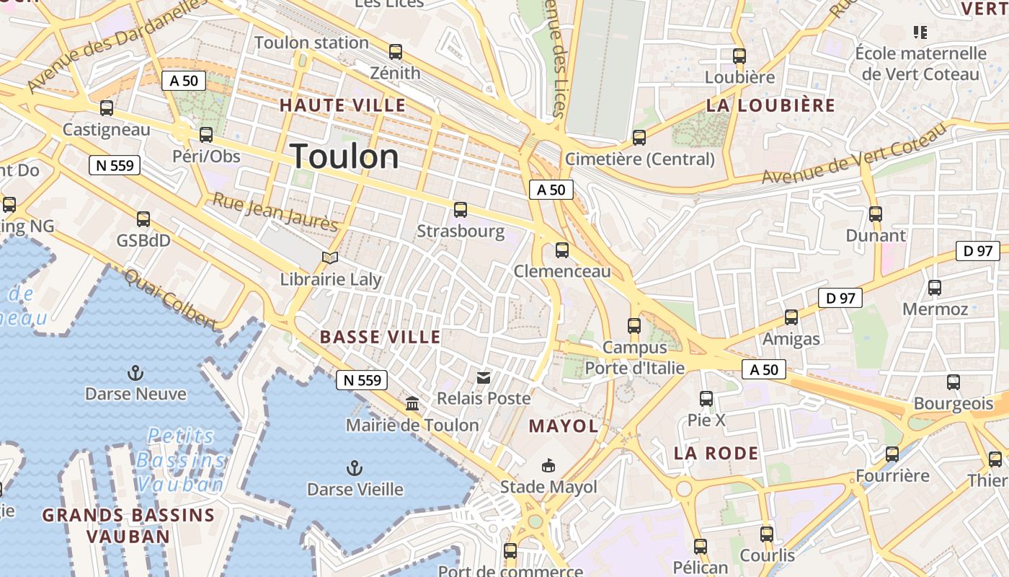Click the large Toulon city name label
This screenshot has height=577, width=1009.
pyautogui.click(x=345, y=157)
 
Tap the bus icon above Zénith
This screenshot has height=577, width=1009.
pyautogui.click(x=395, y=52)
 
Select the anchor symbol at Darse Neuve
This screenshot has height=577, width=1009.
pyautogui.click(x=135, y=373)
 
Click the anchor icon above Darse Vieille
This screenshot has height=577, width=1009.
pyautogui.click(x=354, y=468)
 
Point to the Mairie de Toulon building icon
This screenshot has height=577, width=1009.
pyautogui.click(x=412, y=403)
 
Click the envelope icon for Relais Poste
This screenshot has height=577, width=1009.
pyautogui.click(x=483, y=377)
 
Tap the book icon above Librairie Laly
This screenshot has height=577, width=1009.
pyautogui.click(x=330, y=257)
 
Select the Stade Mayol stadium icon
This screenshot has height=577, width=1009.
pyautogui.click(x=548, y=466)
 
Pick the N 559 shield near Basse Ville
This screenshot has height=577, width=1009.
pyautogui.click(x=362, y=380)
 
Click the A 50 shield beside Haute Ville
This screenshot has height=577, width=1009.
pyautogui.click(x=184, y=81)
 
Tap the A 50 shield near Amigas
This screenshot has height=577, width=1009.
pyautogui.click(x=764, y=369)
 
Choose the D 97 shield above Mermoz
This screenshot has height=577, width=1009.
pyautogui.click(x=977, y=251)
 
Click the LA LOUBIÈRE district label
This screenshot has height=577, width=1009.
pyautogui.click(x=770, y=105)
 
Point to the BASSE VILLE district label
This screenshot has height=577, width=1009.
pyautogui.click(x=380, y=337)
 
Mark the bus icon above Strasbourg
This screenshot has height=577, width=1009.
pyautogui.click(x=460, y=210)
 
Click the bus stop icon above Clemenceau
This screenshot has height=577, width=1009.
pyautogui.click(x=561, y=250)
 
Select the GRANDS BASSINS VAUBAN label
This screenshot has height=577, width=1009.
pyautogui.click(x=128, y=525)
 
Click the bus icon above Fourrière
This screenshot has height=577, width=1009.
pyautogui.click(x=892, y=454)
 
